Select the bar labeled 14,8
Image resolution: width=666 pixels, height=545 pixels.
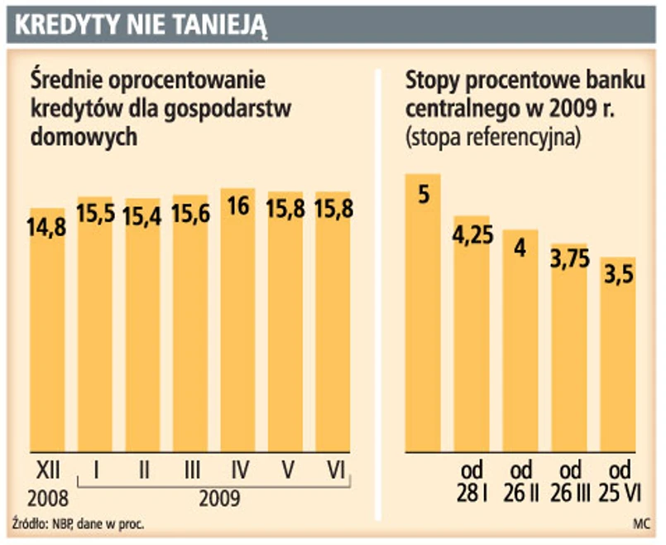tap(47, 331)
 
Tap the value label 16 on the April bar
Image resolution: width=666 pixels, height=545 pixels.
tap(238, 206)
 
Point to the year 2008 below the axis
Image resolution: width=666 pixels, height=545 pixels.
tap(46, 499)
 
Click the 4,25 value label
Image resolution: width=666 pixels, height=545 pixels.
tap(472, 235)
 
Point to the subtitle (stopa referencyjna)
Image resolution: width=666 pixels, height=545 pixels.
tap(494, 137)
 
